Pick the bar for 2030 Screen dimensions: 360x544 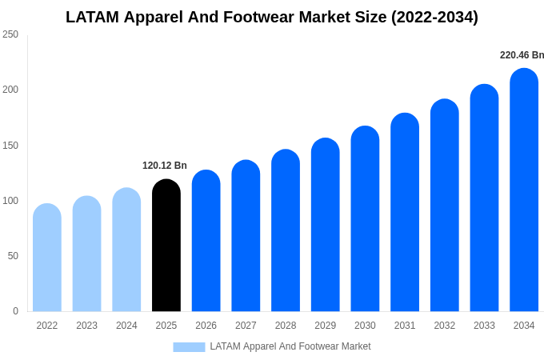365,219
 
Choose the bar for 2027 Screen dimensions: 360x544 246,236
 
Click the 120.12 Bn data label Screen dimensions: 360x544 165,166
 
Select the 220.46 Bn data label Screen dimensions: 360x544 522,55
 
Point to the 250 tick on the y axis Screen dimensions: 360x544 10,34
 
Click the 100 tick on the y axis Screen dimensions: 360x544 10,201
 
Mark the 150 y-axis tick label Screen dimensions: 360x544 10,146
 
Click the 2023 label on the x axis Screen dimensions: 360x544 86,326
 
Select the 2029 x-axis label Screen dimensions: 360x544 325,326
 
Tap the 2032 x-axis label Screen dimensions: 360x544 444,326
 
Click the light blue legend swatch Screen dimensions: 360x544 189,347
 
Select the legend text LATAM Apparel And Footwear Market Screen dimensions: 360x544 290,346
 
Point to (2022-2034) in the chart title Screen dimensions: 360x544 434,17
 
